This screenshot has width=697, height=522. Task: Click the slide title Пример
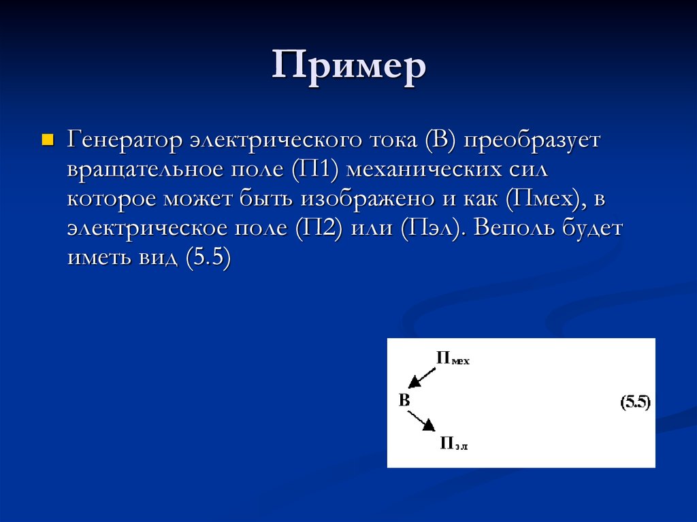(349, 67)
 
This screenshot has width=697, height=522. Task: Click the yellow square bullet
(47, 140)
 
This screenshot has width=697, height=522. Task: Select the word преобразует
(533, 141)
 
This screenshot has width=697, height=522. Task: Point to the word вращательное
(145, 169)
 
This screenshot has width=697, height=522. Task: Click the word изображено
(366, 199)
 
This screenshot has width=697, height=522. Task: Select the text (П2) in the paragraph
(318, 228)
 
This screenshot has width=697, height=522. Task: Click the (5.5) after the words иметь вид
(208, 258)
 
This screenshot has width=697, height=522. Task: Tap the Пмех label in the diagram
(453, 359)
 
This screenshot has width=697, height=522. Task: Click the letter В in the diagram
(404, 399)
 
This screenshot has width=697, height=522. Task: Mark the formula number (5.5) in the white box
(636, 402)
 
